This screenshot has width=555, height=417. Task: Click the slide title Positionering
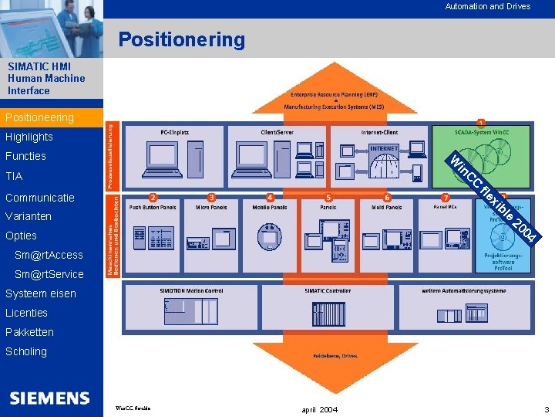point(181,39)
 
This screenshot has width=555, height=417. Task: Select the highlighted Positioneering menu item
point(39,117)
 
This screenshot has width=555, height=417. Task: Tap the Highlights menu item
point(29,137)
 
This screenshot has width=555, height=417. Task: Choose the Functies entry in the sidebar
point(25,156)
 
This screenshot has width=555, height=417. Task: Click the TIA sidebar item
point(14,176)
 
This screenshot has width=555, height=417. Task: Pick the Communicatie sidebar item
point(39,197)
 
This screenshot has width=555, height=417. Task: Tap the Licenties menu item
point(26,313)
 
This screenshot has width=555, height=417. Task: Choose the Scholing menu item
point(25,351)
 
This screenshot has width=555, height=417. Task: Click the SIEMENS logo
point(50,398)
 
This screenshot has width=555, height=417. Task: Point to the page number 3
point(546,409)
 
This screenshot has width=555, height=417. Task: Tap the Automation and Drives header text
point(487,6)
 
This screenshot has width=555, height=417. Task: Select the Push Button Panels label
point(153,207)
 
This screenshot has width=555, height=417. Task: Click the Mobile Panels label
point(269,207)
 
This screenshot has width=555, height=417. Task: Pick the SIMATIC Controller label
point(328,290)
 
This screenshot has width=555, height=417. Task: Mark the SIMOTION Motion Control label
point(191,290)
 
